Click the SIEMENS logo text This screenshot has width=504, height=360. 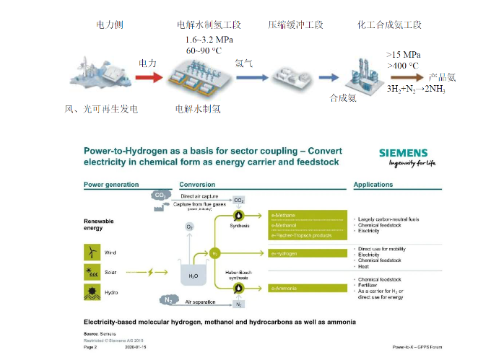point(402,152)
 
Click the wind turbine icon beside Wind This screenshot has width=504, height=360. point(92,253)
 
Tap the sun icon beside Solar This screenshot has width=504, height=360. point(92,272)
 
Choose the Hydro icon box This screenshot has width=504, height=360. point(92,291)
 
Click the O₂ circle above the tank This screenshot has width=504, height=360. point(190,227)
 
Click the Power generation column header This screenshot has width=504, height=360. point(111,185)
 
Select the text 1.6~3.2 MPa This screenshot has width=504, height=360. point(209,40)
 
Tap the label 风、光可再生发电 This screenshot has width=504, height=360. point(101,109)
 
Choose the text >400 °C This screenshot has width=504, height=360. point(403,66)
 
